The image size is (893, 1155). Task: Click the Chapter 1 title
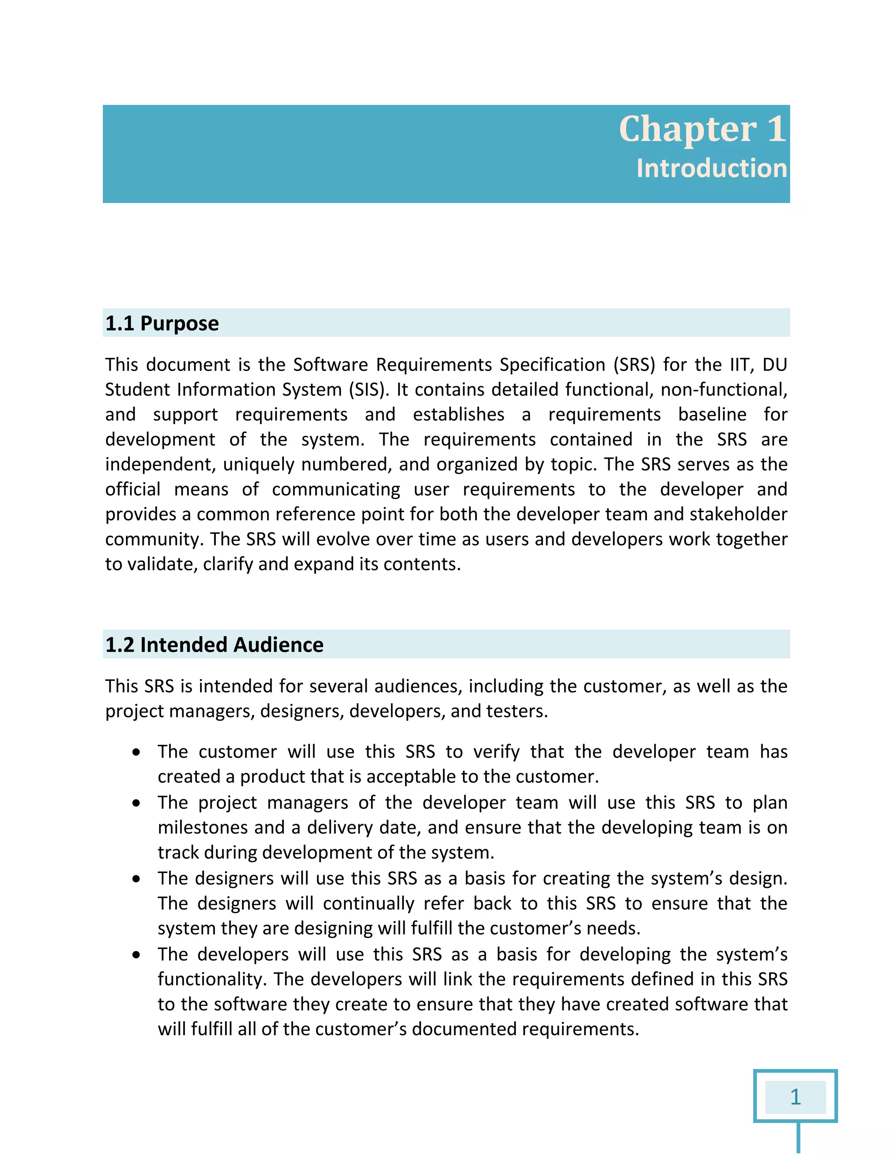pyautogui.click(x=702, y=129)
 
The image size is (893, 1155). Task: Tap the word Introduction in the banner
pyautogui.click(x=711, y=169)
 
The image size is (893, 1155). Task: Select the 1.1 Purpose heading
pyautogui.click(x=162, y=323)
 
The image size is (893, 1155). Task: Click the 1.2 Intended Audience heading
pyautogui.click(x=214, y=645)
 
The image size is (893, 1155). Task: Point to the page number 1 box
pyautogui.click(x=795, y=1097)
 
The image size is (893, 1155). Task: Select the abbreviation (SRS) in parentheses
pyautogui.click(x=634, y=365)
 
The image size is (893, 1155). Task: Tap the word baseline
pyautogui.click(x=712, y=414)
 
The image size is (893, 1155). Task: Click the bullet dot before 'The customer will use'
pyautogui.click(x=137, y=753)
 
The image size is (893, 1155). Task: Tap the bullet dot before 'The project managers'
pyautogui.click(x=137, y=803)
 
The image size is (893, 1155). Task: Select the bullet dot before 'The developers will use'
pyautogui.click(x=137, y=955)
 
